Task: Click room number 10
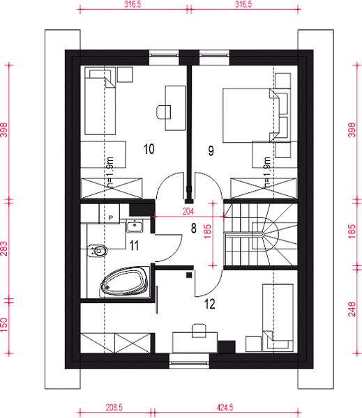point(149,149)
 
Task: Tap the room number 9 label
point(211,151)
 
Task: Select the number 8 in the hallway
point(193,229)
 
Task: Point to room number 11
point(134,245)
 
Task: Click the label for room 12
point(209,304)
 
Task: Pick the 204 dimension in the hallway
point(188,211)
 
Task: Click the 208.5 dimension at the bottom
point(114,408)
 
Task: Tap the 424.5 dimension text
point(225,408)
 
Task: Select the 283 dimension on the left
point(4,249)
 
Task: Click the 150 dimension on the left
point(4,325)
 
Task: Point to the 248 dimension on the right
point(352,309)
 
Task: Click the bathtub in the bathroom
point(124,281)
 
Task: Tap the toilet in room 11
point(97,251)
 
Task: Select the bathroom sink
point(135,226)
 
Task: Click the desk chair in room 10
point(163,112)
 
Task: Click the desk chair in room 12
point(199,330)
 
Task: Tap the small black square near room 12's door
point(189,275)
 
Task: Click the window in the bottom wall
point(189,362)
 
